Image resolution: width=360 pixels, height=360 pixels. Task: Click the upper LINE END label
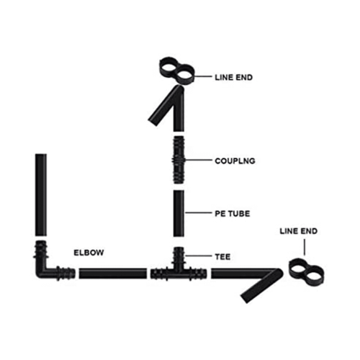point(233,78)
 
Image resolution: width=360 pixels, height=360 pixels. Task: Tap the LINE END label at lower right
point(299,231)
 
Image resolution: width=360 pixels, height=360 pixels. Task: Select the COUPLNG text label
point(235,161)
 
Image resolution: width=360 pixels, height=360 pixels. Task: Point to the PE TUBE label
point(233,214)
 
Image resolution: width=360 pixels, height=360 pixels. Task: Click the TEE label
point(222,257)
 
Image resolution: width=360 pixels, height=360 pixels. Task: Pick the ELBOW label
point(89,253)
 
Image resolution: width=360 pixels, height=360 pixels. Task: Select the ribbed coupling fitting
point(179,160)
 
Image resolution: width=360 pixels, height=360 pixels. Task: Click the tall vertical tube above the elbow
point(41,195)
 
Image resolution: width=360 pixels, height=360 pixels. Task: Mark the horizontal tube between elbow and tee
point(113,274)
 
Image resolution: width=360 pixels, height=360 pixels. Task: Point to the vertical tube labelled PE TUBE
point(179,214)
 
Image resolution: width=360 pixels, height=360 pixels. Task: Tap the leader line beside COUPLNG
point(199,160)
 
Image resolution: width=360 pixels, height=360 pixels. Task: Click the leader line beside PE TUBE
point(199,212)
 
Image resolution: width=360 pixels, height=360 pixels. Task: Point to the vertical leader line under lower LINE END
point(305,247)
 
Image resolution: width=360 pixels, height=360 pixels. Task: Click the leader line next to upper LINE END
point(203,76)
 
